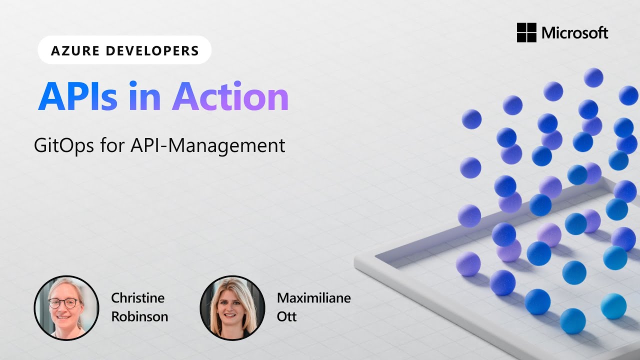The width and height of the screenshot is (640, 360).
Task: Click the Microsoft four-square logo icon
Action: (526, 33)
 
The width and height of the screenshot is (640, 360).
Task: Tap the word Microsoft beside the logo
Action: (575, 33)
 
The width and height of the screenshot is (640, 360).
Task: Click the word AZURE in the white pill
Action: (70, 50)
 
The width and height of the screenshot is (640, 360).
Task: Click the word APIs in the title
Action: (77, 96)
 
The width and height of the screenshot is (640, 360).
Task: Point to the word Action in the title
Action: (230, 96)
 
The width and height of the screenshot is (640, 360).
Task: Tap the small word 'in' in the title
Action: (144, 96)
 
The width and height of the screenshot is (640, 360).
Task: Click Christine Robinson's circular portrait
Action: (66, 307)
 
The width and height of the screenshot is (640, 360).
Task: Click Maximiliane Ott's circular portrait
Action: (232, 307)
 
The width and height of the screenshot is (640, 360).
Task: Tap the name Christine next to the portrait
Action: (137, 298)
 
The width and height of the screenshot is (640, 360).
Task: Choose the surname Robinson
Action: (139, 316)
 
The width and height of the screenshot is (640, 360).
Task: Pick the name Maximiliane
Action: (313, 298)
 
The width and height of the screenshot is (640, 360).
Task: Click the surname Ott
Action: (286, 316)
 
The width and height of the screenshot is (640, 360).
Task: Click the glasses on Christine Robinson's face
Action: (63, 303)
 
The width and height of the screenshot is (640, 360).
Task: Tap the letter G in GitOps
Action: (40, 145)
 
